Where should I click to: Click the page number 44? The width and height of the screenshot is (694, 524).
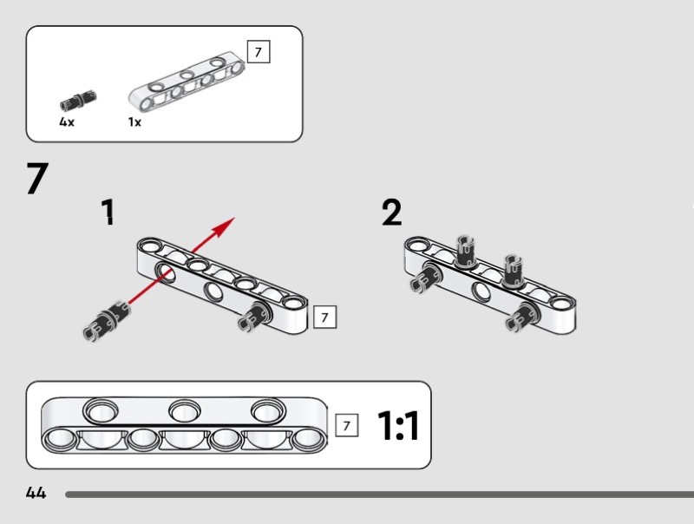[36, 493]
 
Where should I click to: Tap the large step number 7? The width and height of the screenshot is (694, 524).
[37, 178]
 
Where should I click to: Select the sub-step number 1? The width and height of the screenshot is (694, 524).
[108, 212]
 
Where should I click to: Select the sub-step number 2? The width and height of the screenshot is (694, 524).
[392, 213]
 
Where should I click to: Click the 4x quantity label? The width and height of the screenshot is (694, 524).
[67, 121]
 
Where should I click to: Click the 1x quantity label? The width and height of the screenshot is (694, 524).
[134, 121]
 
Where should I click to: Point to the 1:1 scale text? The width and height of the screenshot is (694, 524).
[398, 426]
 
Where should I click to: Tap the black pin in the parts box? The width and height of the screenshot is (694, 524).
[78, 101]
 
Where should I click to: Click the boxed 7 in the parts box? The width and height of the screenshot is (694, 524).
[259, 52]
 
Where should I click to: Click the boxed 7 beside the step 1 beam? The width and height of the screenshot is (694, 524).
[324, 317]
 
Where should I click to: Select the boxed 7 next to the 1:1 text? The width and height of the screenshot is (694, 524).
[346, 425]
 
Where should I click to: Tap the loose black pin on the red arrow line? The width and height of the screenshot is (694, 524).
[106, 321]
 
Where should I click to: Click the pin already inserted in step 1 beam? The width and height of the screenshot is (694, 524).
[255, 316]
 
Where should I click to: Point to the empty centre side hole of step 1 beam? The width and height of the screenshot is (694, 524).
[213, 291]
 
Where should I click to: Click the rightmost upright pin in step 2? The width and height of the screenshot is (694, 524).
[513, 271]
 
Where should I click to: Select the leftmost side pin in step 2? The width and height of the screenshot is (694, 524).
[426, 278]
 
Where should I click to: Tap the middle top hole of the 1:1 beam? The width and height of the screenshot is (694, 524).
[185, 411]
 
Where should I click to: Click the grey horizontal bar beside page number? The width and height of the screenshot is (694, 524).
[379, 495]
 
